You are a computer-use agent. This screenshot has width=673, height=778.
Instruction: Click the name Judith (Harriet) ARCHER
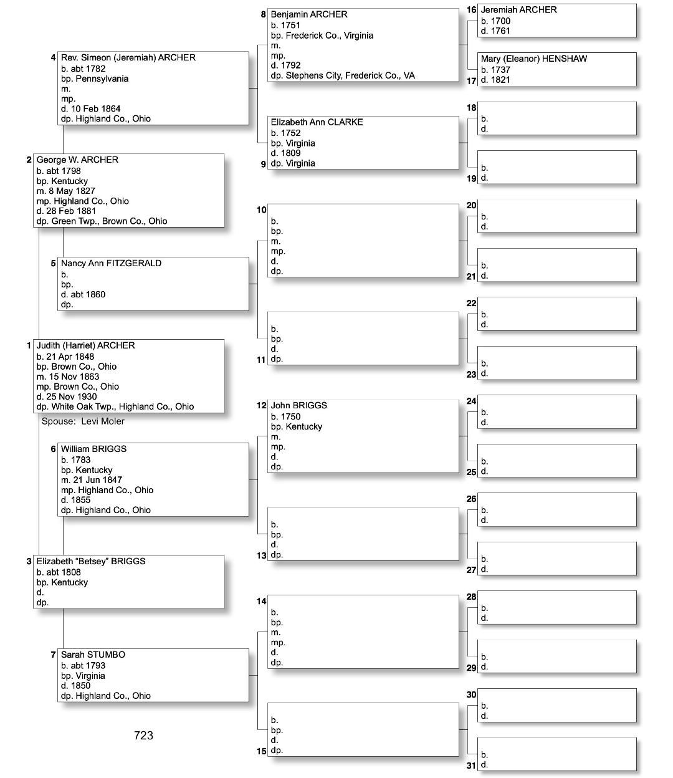pyautogui.click(x=85, y=345)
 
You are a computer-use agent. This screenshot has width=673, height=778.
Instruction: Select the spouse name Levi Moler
pyautogui.click(x=103, y=421)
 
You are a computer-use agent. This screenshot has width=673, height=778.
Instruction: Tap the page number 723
pyautogui.click(x=143, y=736)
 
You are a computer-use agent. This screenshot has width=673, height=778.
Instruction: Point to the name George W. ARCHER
pyautogui.click(x=77, y=160)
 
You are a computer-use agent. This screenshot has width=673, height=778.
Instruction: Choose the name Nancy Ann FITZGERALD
pyautogui.click(x=111, y=263)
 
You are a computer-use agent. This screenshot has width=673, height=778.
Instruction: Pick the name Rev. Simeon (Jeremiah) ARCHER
pyautogui.click(x=128, y=57)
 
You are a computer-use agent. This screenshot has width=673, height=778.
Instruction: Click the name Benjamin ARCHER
pyautogui.click(x=309, y=14)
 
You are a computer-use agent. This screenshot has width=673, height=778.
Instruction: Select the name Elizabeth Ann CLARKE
pyautogui.click(x=317, y=122)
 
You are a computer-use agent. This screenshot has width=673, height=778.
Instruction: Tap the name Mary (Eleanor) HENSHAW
pyautogui.click(x=534, y=59)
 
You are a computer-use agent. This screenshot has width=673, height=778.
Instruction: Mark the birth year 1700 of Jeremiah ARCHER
pyautogui.click(x=500, y=21)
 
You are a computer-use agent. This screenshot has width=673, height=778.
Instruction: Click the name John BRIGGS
pyautogui.click(x=299, y=405)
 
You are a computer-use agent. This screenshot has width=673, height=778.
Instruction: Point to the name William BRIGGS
pyautogui.click(x=93, y=449)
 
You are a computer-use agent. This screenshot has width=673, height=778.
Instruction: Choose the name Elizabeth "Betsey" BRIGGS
pyautogui.click(x=91, y=561)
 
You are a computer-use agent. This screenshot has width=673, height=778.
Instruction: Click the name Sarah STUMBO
pyautogui.click(x=93, y=655)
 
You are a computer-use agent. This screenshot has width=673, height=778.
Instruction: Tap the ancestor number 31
pyautogui.click(x=471, y=766)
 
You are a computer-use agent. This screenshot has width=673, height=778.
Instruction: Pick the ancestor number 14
pyautogui.click(x=262, y=601)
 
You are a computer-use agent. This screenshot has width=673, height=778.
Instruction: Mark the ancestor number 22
pyautogui.click(x=471, y=304)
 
